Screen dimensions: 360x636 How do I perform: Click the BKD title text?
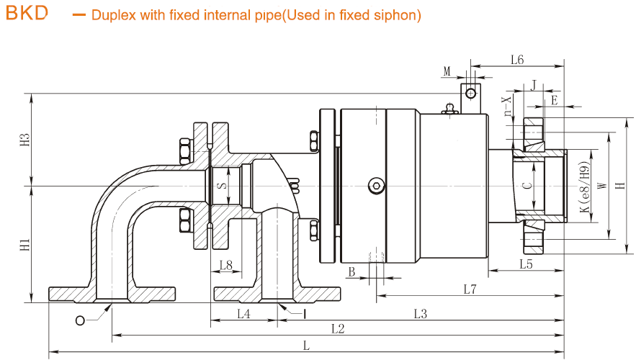[27, 14]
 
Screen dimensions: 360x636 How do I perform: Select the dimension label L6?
[516, 60]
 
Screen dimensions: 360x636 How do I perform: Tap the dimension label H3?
[24, 140]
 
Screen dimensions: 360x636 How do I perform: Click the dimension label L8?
[225, 266]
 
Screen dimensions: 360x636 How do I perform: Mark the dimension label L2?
[337, 328]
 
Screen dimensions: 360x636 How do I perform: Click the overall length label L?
[306, 346]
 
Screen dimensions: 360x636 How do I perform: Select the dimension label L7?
[470, 289]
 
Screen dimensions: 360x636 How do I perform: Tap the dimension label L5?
[526, 264]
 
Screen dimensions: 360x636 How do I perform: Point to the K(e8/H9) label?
[584, 187]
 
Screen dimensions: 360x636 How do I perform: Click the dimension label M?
[447, 71]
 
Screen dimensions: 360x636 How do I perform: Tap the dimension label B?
[351, 271]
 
